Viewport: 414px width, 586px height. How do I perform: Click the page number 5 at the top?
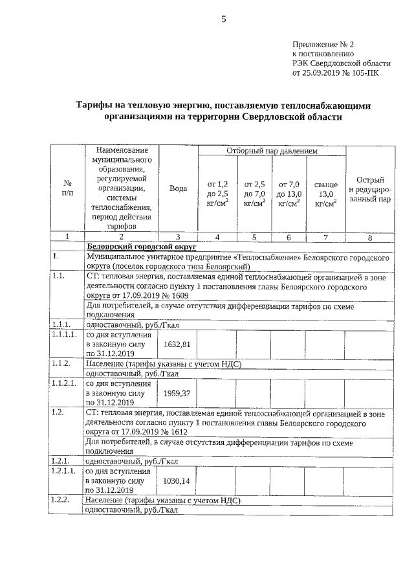pos(223,19)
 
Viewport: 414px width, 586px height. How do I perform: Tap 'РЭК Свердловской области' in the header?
pos(342,63)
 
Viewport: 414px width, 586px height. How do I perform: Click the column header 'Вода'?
pos(178,188)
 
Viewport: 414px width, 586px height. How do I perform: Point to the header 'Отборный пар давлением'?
pos(272,151)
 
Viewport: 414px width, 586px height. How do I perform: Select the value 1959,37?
pos(177,392)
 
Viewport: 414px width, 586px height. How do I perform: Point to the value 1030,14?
pos(177,481)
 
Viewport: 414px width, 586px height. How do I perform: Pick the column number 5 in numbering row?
pos(254,237)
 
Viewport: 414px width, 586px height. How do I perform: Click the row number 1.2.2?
pos(60,501)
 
